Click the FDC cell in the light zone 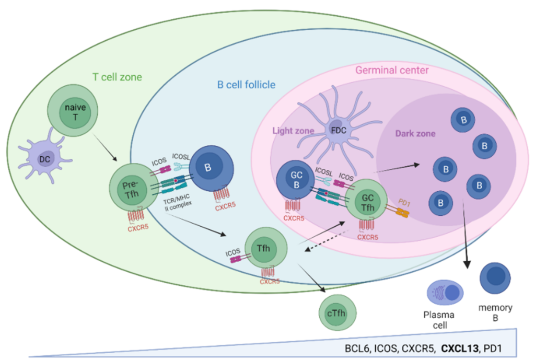click(334, 129)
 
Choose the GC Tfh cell click(366, 203)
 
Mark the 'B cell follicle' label click(246, 84)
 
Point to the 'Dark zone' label click(416, 133)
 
